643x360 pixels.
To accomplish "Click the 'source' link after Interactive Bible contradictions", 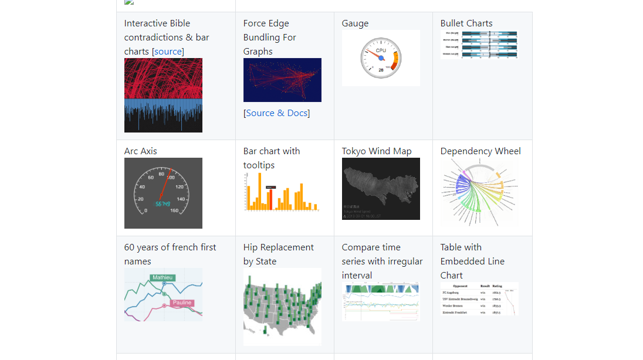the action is click(x=168, y=52).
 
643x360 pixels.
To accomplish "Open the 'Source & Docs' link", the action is click(x=276, y=113).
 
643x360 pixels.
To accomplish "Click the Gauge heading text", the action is click(x=355, y=23).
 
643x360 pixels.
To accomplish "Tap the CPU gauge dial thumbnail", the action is click(x=381, y=58).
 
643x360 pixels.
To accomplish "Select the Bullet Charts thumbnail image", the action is click(x=479, y=45).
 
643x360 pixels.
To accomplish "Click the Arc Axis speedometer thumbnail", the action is click(x=163, y=193).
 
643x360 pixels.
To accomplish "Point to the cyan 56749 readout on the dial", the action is click(x=163, y=204).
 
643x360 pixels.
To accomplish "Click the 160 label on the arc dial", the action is click(x=174, y=210).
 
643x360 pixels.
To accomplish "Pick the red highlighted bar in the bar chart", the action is click(x=270, y=199).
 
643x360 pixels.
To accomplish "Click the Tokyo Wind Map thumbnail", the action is click(x=381, y=189).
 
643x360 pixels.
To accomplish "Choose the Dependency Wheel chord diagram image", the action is click(x=479, y=192).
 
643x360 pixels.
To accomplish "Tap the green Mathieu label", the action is click(x=162, y=277).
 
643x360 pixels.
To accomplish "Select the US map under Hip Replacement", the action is click(x=282, y=307).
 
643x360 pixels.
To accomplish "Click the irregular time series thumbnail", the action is click(x=381, y=302).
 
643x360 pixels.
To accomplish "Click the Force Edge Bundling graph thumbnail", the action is click(x=282, y=80).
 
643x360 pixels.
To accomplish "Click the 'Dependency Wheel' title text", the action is click(x=480, y=151).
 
